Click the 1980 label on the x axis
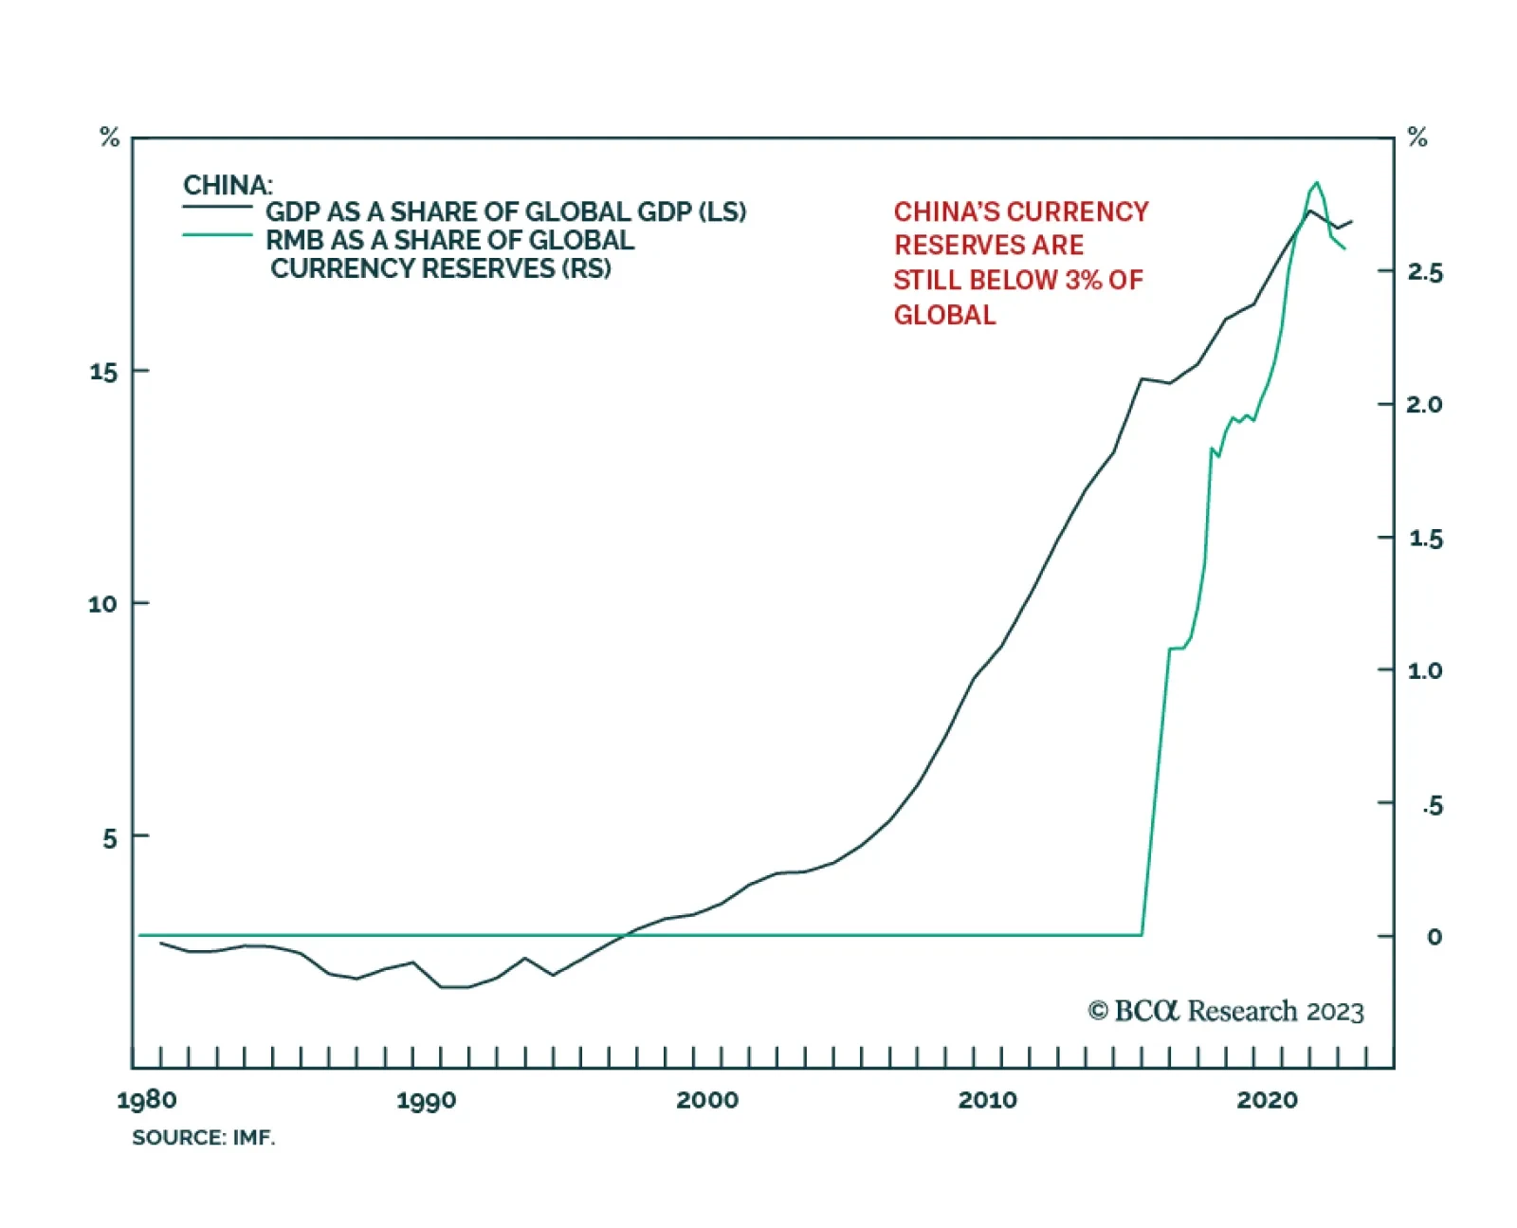tap(147, 1100)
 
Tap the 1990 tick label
tap(426, 1100)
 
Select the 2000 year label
tap(706, 1100)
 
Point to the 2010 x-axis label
tap(987, 1100)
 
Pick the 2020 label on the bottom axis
tap(1267, 1100)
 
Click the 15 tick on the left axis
tap(103, 372)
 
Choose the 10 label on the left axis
tap(102, 604)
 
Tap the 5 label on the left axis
tap(110, 838)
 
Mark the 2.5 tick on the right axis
tap(1424, 273)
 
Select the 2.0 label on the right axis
tap(1424, 405)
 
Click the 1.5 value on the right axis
tap(1425, 539)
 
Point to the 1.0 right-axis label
tap(1424, 671)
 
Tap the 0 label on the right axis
tap(1435, 937)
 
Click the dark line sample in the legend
tap(217, 206)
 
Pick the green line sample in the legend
tap(217, 234)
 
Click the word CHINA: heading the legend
tap(228, 185)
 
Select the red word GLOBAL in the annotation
tap(944, 315)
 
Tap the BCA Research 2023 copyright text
tap(1225, 1011)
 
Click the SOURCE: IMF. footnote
tap(203, 1137)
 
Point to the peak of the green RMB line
tap(1316, 182)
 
